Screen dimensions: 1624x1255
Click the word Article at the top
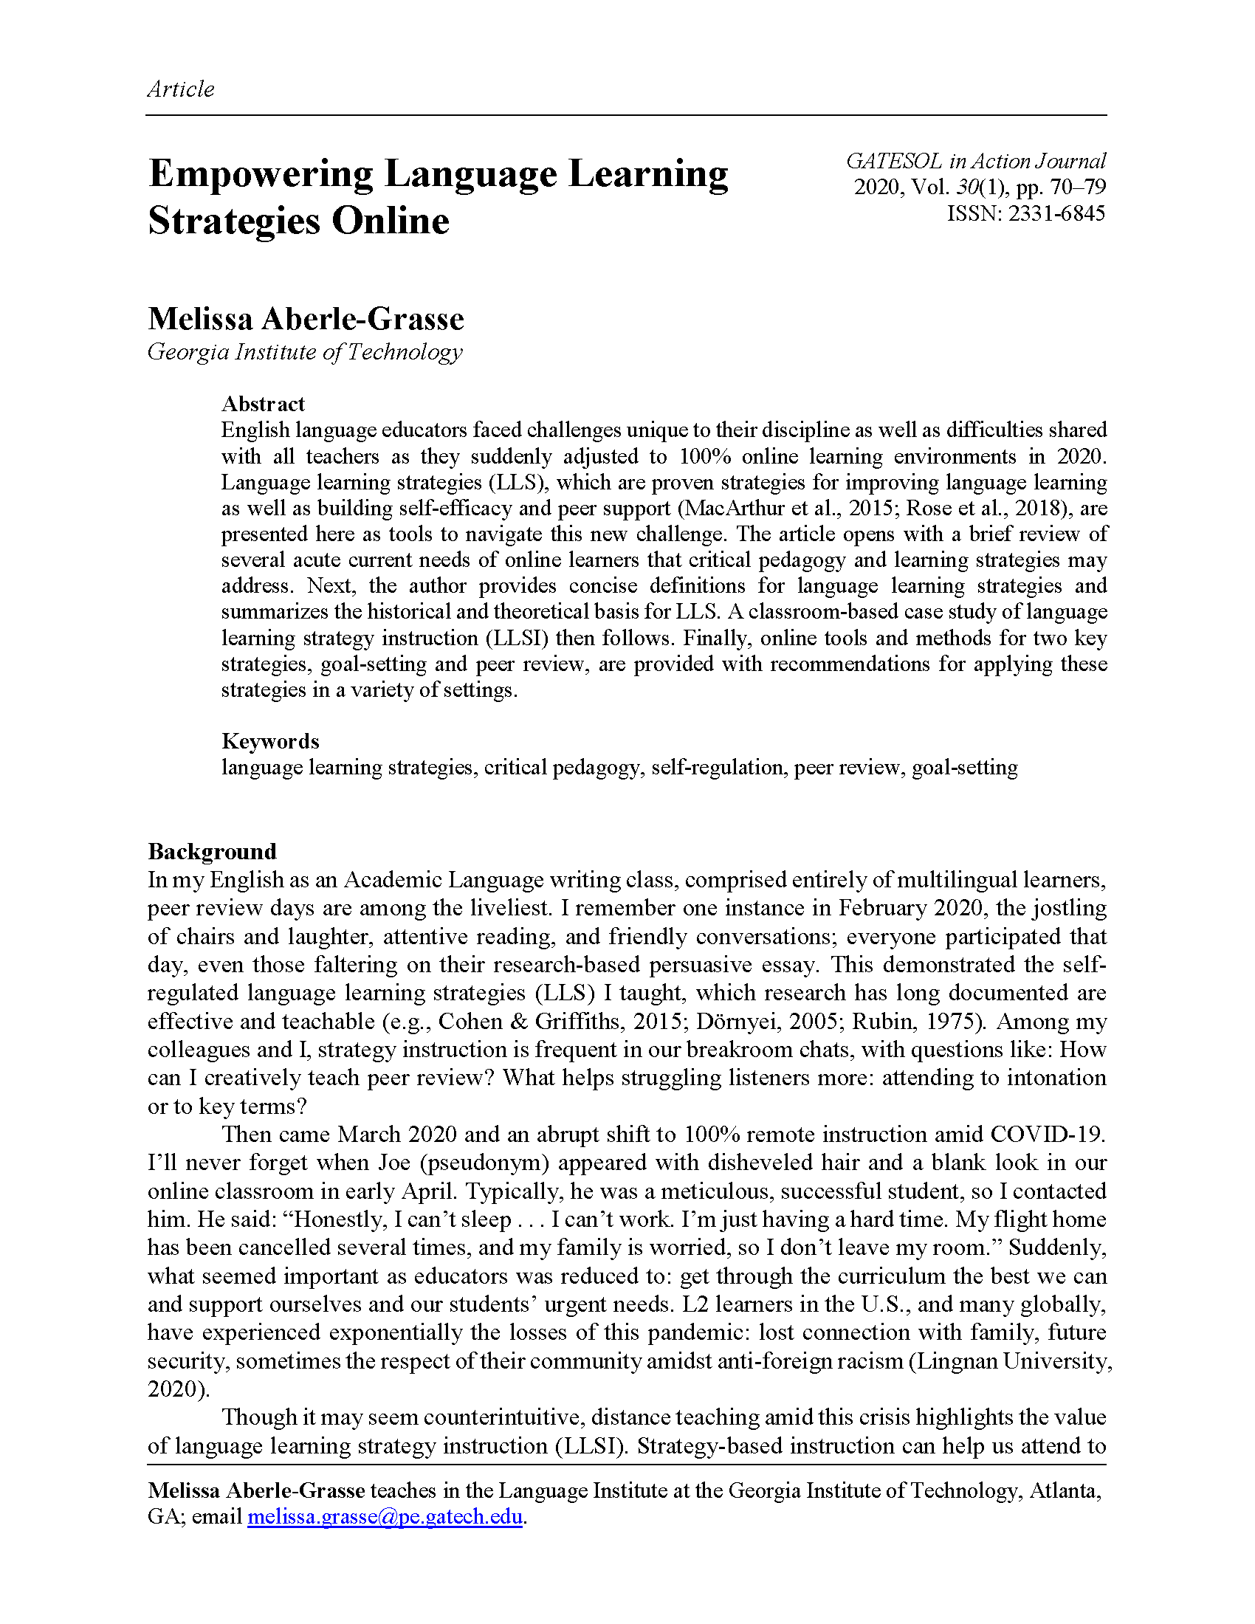pos(181,89)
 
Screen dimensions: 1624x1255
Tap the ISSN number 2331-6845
pos(1056,213)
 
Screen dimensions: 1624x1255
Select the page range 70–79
pos(1078,187)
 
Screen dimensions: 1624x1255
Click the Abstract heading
pos(264,404)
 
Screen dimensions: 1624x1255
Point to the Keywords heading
pos(270,740)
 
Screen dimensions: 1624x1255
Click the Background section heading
pos(212,850)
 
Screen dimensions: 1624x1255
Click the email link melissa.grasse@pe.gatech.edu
pos(385,1515)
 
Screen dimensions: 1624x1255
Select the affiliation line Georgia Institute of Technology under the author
pos(305,351)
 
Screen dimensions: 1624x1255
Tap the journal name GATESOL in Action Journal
pos(975,162)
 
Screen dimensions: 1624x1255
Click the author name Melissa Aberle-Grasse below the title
pos(306,319)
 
